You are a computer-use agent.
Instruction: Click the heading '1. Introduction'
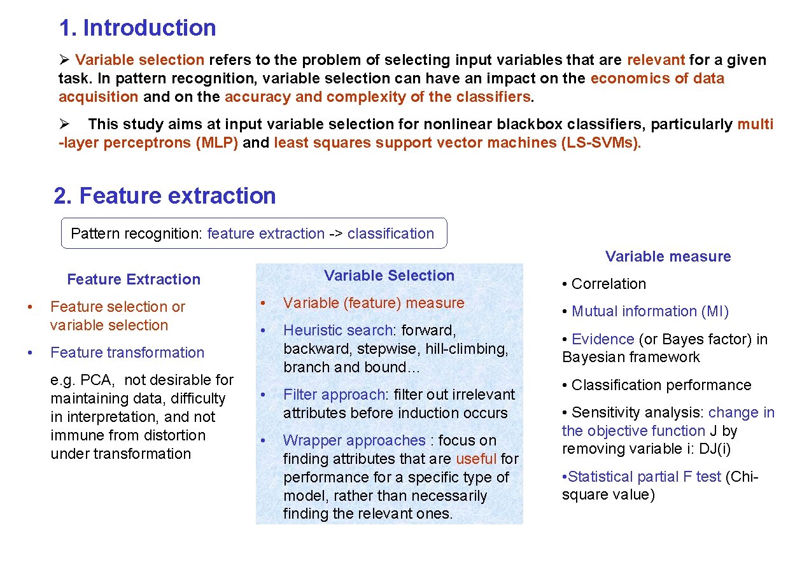137,28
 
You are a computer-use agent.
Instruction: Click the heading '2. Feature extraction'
165,195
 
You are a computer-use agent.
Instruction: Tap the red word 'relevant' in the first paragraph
656,60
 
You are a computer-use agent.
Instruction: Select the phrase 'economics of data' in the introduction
657,78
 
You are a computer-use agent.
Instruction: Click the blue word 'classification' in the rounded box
391,234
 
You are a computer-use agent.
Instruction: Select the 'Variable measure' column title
668,256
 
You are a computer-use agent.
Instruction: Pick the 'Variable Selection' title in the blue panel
389,276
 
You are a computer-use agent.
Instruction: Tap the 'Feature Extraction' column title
134,279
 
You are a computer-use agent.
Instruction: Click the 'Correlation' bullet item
608,284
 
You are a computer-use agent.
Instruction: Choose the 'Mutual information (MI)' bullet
650,311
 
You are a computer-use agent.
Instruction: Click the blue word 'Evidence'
602,339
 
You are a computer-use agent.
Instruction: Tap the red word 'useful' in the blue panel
476,459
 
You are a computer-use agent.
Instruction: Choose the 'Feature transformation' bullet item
127,353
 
